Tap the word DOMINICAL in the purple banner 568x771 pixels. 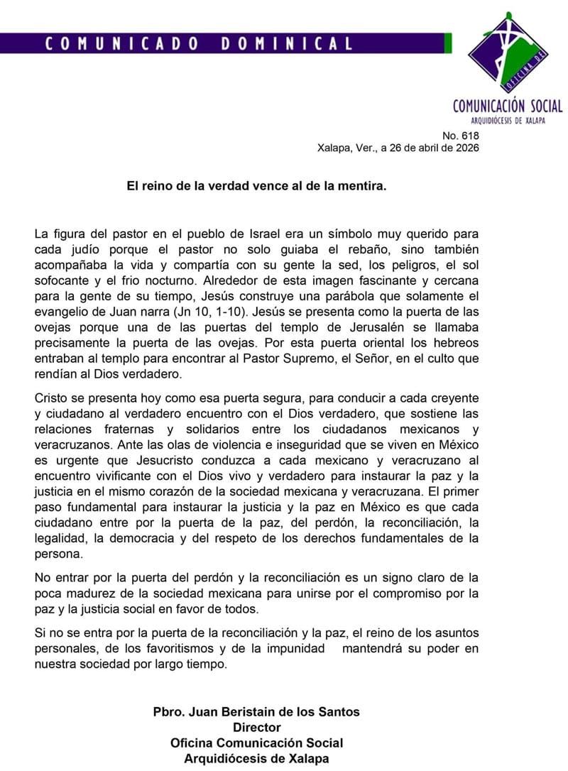coord(287,43)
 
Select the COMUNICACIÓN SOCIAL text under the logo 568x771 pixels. coord(508,106)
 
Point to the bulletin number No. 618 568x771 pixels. coord(461,136)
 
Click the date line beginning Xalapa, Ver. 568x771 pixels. coord(398,148)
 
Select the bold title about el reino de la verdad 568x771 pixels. coord(257,186)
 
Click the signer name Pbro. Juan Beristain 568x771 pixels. coord(256,711)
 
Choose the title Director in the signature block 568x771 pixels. coord(256,727)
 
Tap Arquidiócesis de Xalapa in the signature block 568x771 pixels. coord(256,758)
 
